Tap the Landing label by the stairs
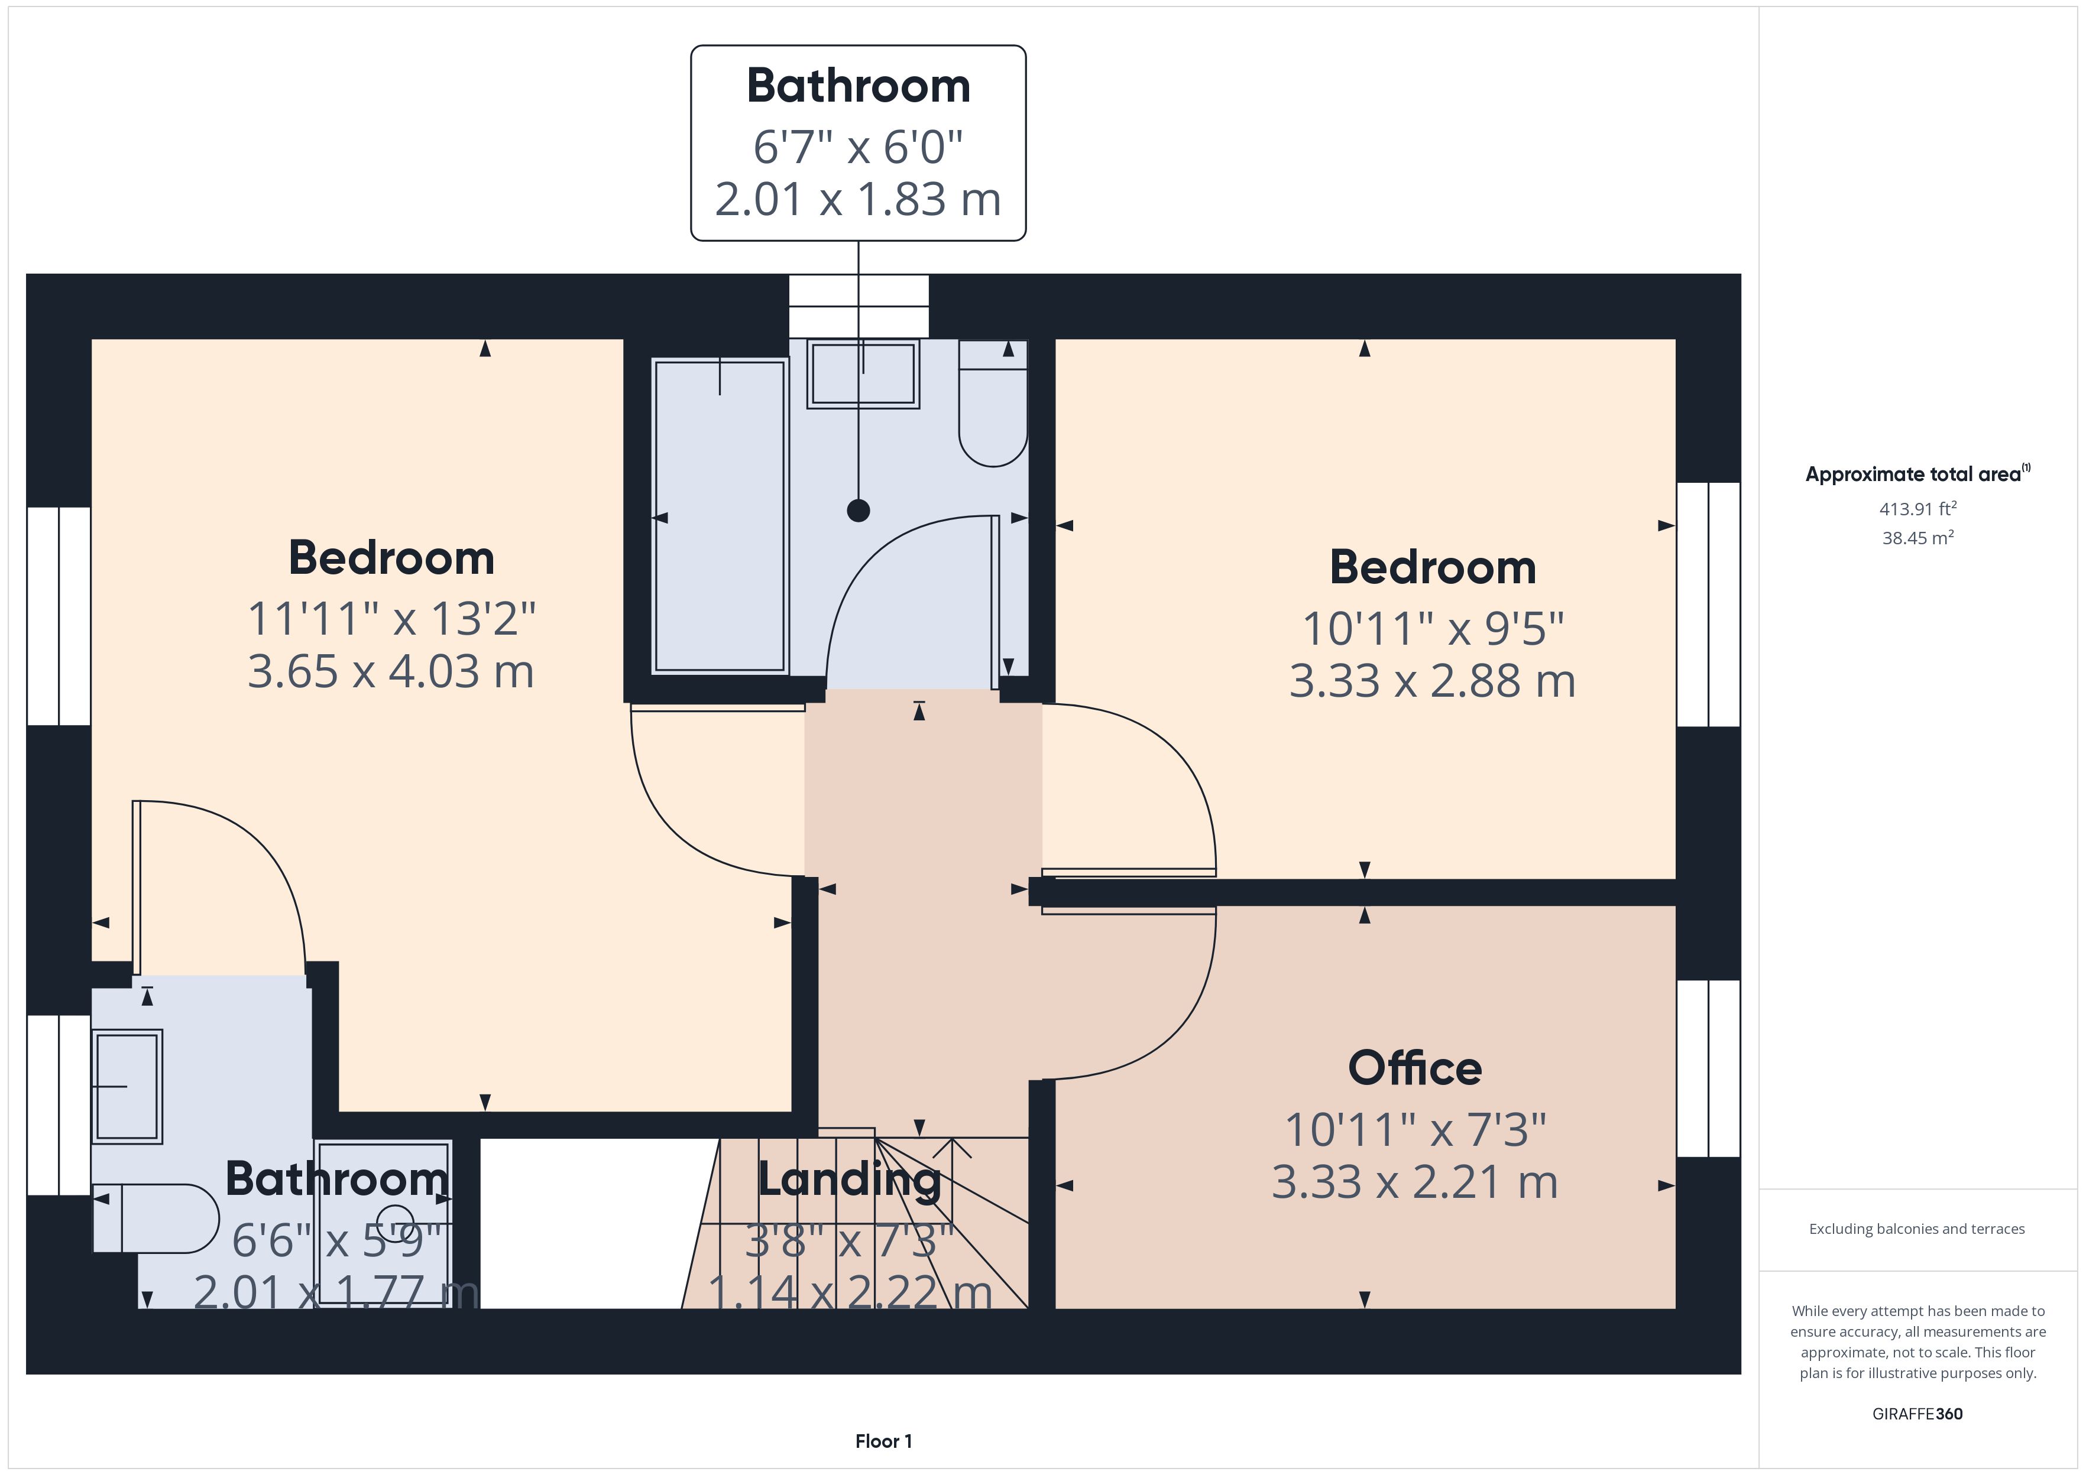pos(850,1180)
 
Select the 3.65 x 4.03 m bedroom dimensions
pos(391,672)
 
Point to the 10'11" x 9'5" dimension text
pos(1433,629)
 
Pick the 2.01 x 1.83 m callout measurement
pos(859,199)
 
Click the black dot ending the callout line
pos(859,511)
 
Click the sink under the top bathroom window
pos(863,374)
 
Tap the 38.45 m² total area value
pos(1918,538)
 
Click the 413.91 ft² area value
pos(1918,509)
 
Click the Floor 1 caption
pos(883,1441)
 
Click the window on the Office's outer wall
pos(1709,1068)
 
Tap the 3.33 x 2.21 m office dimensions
pos(1414,1182)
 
